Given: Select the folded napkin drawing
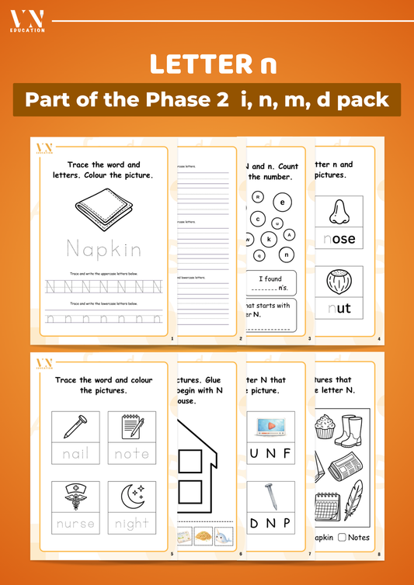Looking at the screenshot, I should click(x=103, y=210).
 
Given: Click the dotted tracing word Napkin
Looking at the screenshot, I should click(x=103, y=248).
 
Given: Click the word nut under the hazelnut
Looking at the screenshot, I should click(x=339, y=308).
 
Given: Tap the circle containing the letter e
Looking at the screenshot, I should click(x=283, y=202).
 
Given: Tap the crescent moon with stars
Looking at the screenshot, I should click(x=131, y=497).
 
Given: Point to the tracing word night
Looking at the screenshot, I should click(x=131, y=524).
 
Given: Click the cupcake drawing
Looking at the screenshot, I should click(x=325, y=427).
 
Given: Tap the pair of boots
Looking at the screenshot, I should click(x=351, y=428).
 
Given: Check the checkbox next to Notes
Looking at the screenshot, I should click(x=343, y=538).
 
